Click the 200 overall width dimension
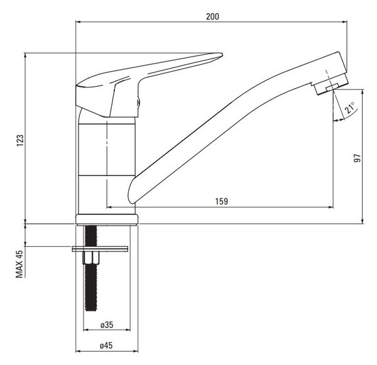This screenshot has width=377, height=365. click(212, 16)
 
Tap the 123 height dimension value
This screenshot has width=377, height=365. click(20, 140)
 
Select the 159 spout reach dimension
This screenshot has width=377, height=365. click(221, 201)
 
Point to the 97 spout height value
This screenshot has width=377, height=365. click(358, 158)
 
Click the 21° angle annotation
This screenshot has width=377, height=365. click(350, 108)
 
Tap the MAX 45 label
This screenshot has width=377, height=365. click(19, 264)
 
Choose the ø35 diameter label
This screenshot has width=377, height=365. click(107, 325)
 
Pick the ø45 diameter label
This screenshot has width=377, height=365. click(106, 345)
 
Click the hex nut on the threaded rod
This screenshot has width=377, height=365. click(91, 257)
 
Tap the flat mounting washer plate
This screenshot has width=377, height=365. click(100, 249)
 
